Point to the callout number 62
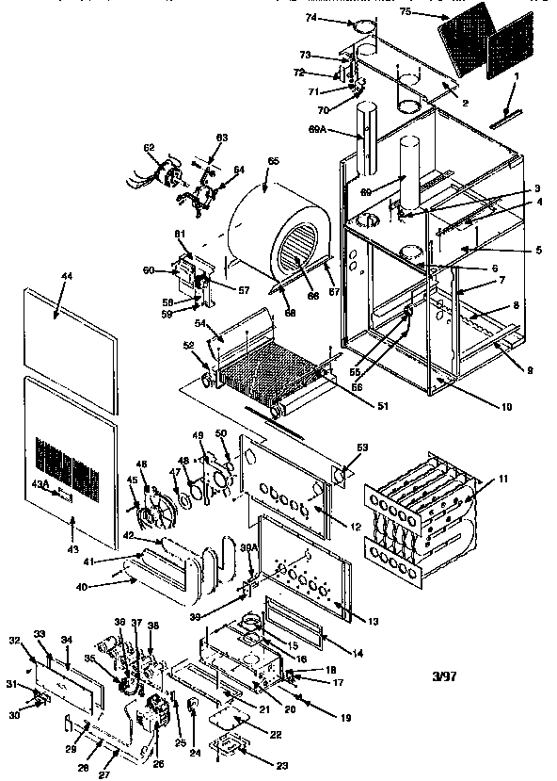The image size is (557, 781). click(x=149, y=148)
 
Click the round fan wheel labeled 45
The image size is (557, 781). click(x=151, y=508)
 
